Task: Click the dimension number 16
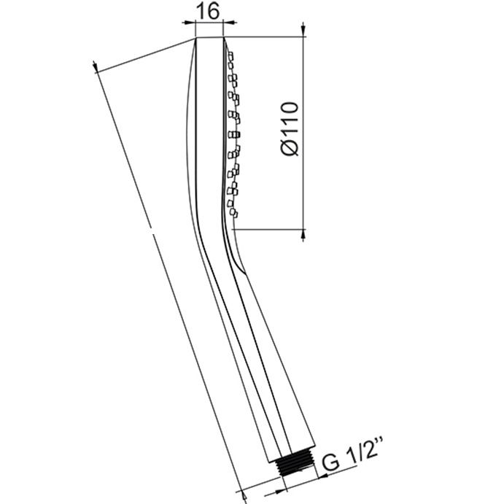(208, 11)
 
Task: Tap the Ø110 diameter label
(290, 129)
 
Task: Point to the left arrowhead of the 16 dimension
(189, 23)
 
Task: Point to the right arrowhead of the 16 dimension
(230, 22)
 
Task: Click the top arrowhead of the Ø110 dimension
(303, 30)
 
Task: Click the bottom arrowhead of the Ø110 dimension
(303, 236)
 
